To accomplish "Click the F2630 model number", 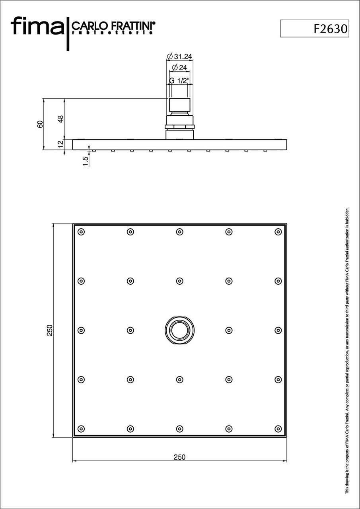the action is click(331, 29).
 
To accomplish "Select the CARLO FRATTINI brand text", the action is click(113, 26).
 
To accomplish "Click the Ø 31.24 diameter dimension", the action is click(179, 56).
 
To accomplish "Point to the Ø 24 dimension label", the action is click(179, 68).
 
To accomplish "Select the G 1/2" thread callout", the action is click(179, 80).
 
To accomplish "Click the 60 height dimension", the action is click(40, 124).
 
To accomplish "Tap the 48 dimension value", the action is click(61, 119).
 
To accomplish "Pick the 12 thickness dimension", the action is click(61, 144).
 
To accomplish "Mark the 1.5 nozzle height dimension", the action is click(85, 161).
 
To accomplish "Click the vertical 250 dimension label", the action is click(50, 330).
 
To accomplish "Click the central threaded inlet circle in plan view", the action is click(179, 330).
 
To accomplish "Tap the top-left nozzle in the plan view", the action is click(81, 232).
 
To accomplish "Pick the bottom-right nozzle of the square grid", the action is click(278, 429).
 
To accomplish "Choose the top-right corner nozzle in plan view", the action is click(278, 232).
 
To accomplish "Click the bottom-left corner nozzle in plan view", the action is click(81, 429).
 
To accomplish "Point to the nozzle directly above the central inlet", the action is click(179, 281).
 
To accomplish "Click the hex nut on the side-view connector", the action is click(179, 126).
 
